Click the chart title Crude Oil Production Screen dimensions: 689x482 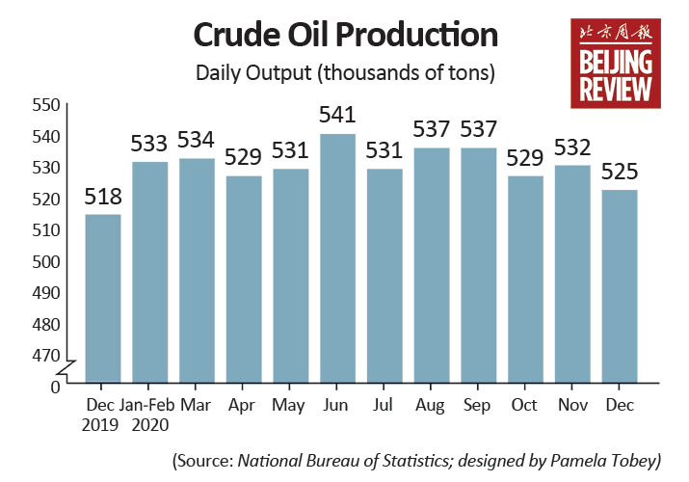click(x=345, y=35)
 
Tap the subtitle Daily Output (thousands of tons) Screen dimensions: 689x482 click(x=345, y=72)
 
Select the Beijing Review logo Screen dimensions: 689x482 click(x=616, y=64)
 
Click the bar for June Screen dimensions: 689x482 click(x=337, y=258)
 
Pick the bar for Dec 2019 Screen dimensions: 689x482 click(x=103, y=299)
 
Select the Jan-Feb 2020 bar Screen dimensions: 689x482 click(x=149, y=273)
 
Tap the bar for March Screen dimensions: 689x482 click(x=197, y=271)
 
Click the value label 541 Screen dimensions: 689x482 click(x=337, y=115)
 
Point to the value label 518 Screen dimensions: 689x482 click(x=103, y=196)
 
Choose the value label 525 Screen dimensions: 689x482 click(x=619, y=172)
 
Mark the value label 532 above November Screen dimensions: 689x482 click(x=572, y=147)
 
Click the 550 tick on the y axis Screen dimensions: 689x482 click(x=46, y=105)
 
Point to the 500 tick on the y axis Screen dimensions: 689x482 click(x=46, y=262)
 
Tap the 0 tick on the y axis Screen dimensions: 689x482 click(x=55, y=388)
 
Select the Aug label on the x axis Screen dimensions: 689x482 click(x=430, y=406)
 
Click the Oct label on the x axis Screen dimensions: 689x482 click(x=524, y=405)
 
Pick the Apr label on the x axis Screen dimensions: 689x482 click(x=241, y=406)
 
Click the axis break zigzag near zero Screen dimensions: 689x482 click(x=66, y=369)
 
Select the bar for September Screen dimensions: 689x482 click(x=479, y=265)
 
